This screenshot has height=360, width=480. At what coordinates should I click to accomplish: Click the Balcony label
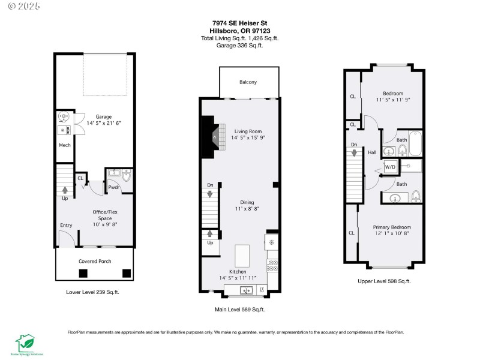pos(248,82)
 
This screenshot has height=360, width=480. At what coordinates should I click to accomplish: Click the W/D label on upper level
pos(390,166)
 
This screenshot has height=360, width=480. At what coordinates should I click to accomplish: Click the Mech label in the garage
pos(65,145)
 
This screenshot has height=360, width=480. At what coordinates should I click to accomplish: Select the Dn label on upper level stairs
pos(354,145)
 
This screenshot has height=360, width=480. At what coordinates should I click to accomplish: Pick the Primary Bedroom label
pos(392,227)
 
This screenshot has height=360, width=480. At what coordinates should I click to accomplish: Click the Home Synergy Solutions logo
pos(26,343)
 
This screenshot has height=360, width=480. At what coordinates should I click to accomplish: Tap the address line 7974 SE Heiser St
pos(239,25)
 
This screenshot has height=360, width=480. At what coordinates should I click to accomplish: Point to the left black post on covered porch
pos(83,273)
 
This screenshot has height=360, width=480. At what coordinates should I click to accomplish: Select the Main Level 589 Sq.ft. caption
pos(240,310)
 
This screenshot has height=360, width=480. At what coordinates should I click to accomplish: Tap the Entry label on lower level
pos(65,226)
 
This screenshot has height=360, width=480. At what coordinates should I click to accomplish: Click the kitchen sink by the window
pos(246,290)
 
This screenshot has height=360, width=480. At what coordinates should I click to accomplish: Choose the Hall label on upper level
pos(372,152)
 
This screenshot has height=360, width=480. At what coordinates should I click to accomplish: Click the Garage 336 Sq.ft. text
pos(239,44)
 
